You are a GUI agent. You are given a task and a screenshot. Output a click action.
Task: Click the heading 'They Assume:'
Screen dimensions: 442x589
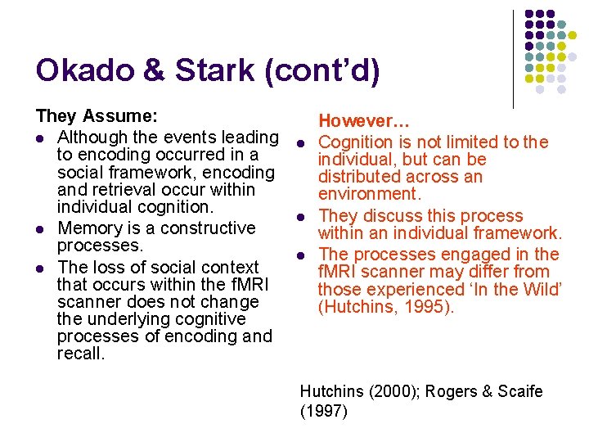click(x=97, y=119)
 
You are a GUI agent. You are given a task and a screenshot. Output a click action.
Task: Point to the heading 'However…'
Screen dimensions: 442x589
click(x=363, y=123)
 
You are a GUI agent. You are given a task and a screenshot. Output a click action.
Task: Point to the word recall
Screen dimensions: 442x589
click(x=80, y=354)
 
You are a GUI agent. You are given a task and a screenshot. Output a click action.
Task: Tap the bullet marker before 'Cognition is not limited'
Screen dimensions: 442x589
click(x=301, y=143)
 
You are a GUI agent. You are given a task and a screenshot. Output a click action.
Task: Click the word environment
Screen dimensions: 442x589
click(x=368, y=194)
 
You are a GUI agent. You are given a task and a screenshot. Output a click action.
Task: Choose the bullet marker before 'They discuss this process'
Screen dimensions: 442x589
click(x=301, y=217)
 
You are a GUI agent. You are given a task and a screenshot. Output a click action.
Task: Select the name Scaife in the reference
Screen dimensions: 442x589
click(x=517, y=392)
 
